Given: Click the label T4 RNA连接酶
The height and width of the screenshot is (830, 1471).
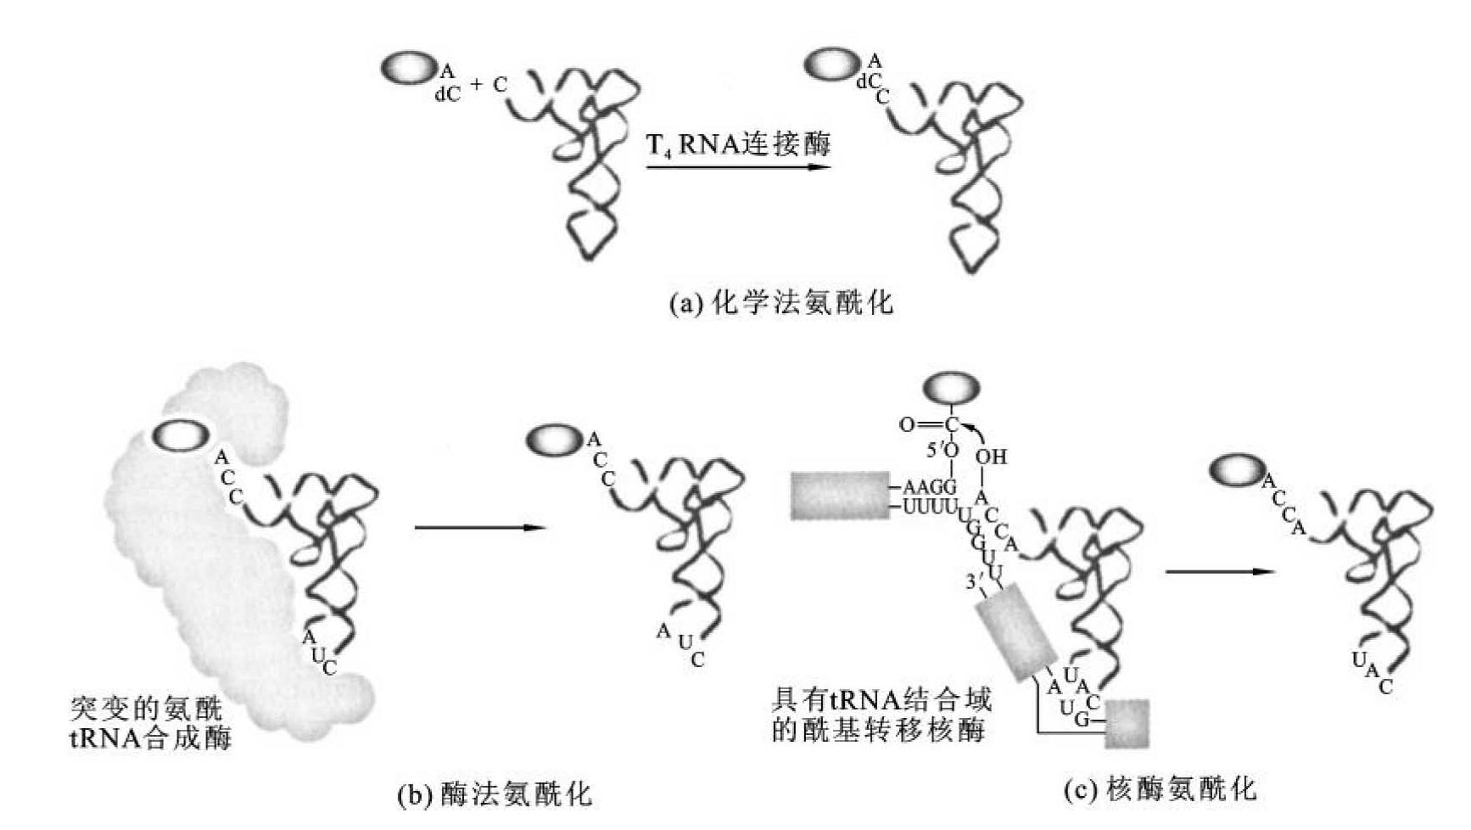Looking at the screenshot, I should (738, 144).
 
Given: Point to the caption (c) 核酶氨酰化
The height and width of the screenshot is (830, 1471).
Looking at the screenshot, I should (1160, 789).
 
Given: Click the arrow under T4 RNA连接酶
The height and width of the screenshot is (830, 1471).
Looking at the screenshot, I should (738, 167).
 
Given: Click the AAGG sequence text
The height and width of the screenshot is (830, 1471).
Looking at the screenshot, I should (930, 487).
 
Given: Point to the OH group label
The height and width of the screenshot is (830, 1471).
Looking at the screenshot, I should (990, 457).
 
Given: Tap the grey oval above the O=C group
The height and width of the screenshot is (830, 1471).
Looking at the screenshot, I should (951, 390).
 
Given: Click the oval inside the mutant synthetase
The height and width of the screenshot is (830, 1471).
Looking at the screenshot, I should (181, 436).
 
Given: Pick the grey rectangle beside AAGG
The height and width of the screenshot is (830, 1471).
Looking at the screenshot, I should (840, 496).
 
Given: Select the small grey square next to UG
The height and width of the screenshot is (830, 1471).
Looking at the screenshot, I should (1127, 723).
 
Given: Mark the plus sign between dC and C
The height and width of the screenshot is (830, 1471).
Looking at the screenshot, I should (476, 85).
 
